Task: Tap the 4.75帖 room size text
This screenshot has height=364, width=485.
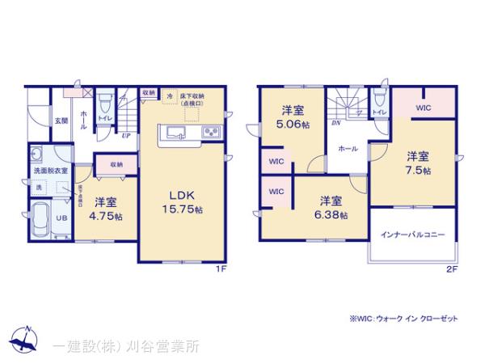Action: click(x=107, y=217)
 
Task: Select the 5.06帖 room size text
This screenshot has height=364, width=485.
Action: click(x=293, y=125)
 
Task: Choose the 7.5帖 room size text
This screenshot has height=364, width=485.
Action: click(x=418, y=171)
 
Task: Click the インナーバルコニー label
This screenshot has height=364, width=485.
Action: click(x=412, y=234)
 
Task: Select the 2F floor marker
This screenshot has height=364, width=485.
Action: click(x=450, y=271)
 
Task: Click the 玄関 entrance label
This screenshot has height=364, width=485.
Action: click(x=61, y=121)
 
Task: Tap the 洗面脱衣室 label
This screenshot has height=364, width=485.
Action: click(x=50, y=171)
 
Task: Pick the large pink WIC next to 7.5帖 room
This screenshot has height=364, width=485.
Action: click(x=423, y=105)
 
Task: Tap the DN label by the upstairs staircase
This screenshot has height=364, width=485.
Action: click(x=335, y=124)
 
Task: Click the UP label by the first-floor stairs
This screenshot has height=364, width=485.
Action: click(x=125, y=136)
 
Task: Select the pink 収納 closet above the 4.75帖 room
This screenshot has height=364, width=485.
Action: click(x=116, y=164)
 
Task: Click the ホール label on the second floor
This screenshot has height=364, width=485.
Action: click(x=348, y=150)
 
